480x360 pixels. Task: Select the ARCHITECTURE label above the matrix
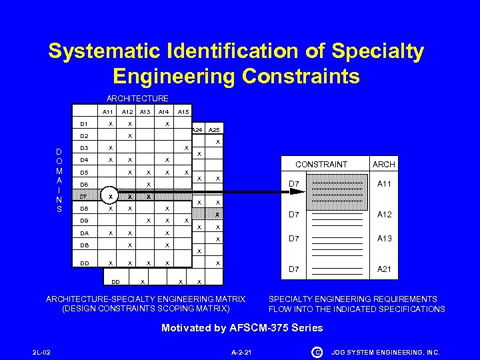[x=137, y=99]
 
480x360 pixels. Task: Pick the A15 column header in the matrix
[x=185, y=111]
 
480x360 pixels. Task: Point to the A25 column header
[x=215, y=130]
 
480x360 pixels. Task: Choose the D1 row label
[x=84, y=124]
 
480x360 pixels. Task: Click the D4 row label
[x=84, y=160]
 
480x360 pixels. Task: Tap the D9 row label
[x=84, y=221]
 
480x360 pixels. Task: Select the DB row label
[x=84, y=245]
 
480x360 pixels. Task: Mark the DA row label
[x=84, y=233]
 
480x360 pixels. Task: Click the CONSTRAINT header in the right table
[x=321, y=164]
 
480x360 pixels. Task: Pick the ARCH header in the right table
[x=384, y=164]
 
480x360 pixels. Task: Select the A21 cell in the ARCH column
[x=384, y=269]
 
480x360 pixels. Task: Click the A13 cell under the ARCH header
[x=384, y=239]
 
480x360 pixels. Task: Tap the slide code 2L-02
[x=41, y=352]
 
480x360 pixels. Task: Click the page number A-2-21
[x=240, y=352]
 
